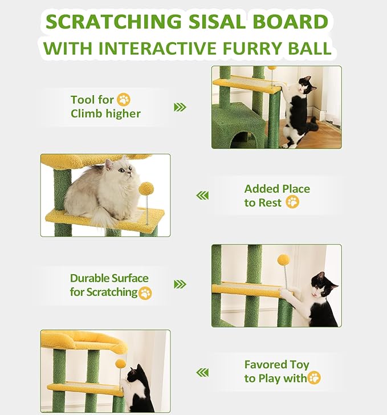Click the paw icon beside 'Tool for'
[x=124, y=100]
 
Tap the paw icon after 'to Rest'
[x=292, y=202]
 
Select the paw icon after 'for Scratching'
[x=145, y=293]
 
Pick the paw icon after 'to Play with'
[x=314, y=378]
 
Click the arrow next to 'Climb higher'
[x=180, y=107]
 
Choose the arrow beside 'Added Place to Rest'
[x=202, y=196]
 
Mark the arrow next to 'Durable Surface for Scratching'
[x=180, y=284]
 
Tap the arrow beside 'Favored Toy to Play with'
[x=202, y=372]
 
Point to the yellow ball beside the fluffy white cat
[x=146, y=188]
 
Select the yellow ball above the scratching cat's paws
[x=283, y=259]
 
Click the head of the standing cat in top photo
[x=306, y=85]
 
